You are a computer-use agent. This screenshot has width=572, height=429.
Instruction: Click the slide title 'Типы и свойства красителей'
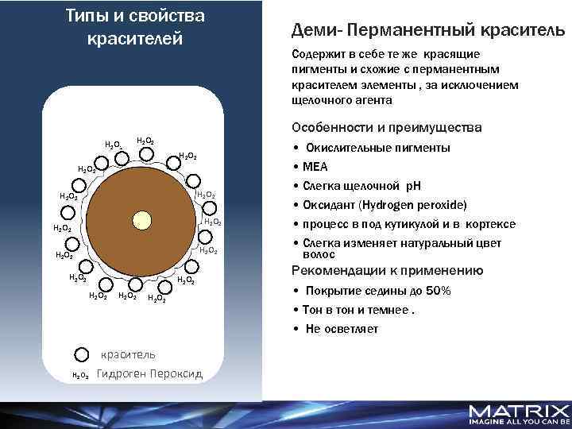134,26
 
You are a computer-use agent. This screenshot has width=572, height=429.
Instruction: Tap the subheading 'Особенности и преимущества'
386,128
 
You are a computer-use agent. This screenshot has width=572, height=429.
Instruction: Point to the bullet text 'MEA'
315,167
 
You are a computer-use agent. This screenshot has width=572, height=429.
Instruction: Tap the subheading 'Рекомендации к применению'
388,270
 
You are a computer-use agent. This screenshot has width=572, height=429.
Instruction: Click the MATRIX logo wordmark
519,411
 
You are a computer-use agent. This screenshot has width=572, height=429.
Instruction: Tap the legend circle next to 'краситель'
81,354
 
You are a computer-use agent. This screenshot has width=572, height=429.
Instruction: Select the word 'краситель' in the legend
128,354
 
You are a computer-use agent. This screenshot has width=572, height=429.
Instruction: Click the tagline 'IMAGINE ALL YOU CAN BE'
519,423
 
